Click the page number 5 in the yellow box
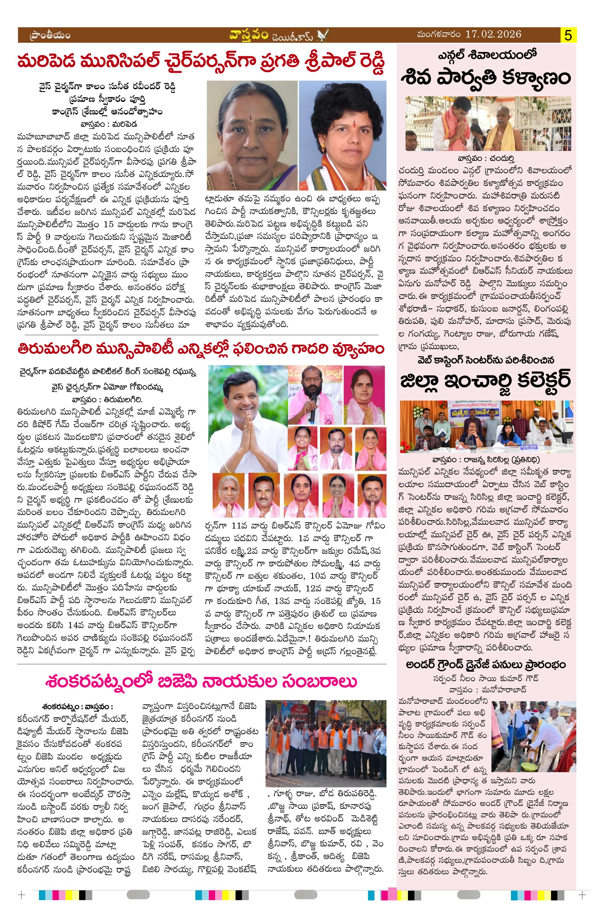(x=568, y=36)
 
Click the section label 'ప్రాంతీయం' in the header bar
(x=50, y=36)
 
